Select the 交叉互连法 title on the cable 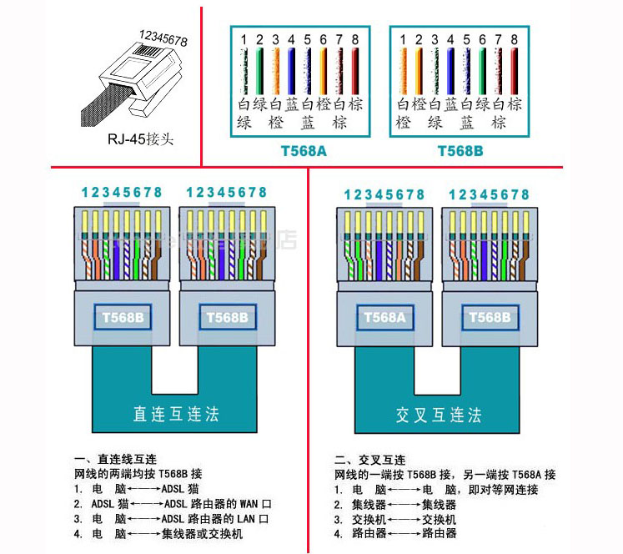439,414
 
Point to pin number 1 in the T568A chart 244,38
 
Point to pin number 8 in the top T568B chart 515,38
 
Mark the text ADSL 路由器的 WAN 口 218,504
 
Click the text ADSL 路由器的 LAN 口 217,519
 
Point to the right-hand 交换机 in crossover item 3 439,519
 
